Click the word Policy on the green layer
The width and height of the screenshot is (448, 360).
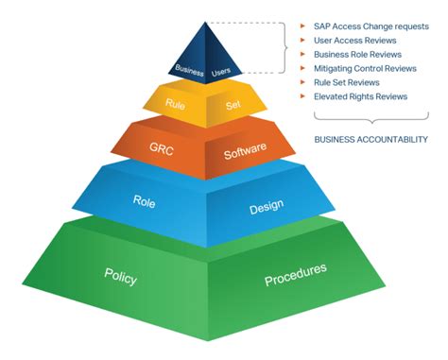(121, 276)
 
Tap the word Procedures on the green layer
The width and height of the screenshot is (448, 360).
(296, 274)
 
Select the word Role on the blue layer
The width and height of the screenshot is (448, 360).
(144, 201)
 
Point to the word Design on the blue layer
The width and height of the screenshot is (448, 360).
(267, 207)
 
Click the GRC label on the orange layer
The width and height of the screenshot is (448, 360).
(162, 148)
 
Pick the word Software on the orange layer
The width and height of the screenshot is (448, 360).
(245, 150)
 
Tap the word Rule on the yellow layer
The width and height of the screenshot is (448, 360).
(175, 104)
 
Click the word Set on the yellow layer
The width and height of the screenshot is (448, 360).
(233, 105)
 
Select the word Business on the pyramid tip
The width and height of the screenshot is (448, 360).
(189, 70)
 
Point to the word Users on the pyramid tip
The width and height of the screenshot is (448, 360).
(221, 72)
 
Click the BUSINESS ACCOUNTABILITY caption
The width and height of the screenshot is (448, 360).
(371, 139)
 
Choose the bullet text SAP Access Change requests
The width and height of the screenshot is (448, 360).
(371, 26)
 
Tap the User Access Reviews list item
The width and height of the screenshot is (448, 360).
(355, 41)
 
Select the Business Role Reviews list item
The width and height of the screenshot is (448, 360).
(357, 55)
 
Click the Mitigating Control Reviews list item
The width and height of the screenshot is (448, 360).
(365, 69)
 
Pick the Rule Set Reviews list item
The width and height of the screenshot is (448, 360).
(347, 82)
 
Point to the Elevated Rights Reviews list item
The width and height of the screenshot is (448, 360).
(360, 96)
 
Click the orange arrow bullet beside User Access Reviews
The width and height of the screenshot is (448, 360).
(302, 40)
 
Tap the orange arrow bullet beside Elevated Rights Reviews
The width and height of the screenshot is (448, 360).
(302, 96)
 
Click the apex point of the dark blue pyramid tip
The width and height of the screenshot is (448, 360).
(205, 22)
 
